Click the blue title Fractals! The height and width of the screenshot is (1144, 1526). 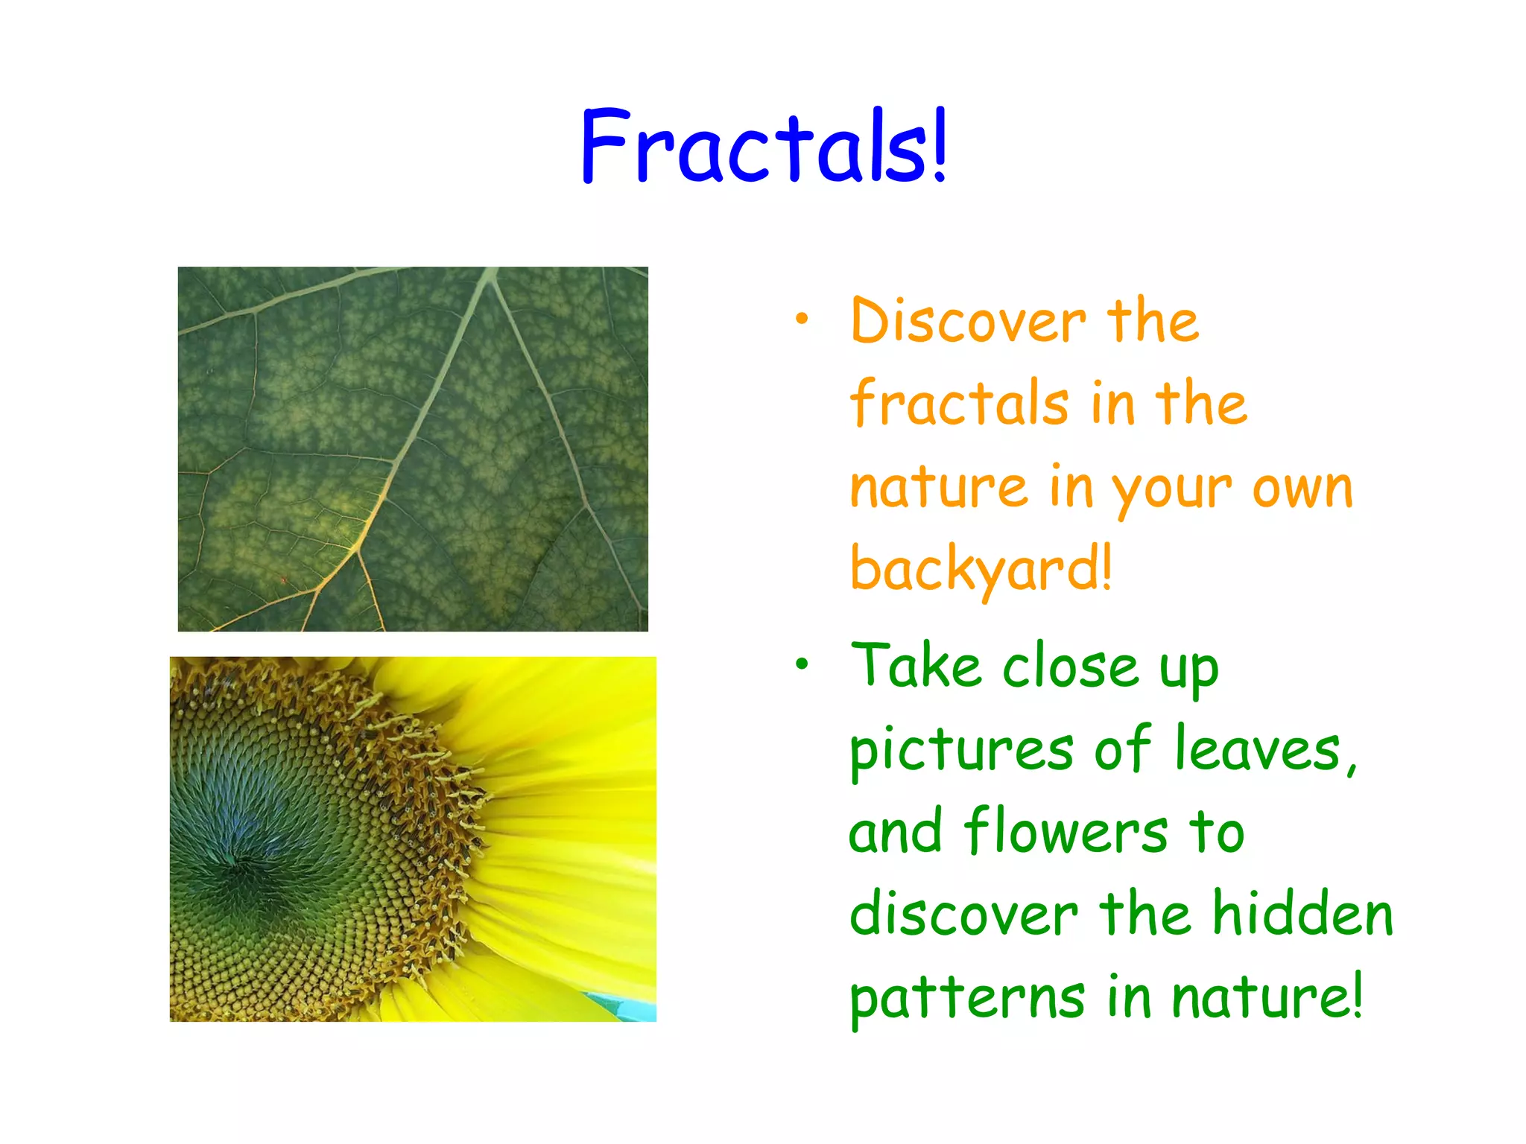pyautogui.click(x=763, y=146)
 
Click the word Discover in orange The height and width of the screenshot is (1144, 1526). pyautogui.click(x=968, y=321)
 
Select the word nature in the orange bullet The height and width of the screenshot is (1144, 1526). pyautogui.click(x=940, y=488)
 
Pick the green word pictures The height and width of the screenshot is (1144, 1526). pyautogui.click(x=961, y=751)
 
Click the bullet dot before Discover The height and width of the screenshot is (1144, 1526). pyautogui.click(x=801, y=320)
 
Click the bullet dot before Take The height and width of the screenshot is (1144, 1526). pyautogui.click(x=801, y=664)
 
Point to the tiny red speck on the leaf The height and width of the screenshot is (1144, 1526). pyautogui.click(x=283, y=579)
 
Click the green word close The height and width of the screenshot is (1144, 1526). pyautogui.click(x=1070, y=667)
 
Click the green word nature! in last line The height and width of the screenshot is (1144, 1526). pyautogui.click(x=1266, y=998)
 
